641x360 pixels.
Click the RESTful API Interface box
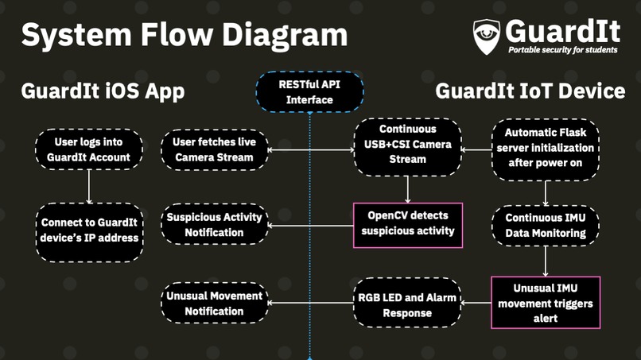click(x=309, y=92)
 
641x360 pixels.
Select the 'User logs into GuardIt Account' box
click(x=89, y=149)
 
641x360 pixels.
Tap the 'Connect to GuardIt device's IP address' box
click(x=89, y=232)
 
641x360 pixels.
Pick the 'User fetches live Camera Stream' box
click(x=214, y=149)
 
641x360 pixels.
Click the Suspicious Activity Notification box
click(x=214, y=224)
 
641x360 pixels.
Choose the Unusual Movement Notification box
click(x=214, y=303)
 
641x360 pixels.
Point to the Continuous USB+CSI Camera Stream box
click(x=407, y=147)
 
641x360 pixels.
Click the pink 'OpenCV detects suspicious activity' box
click(x=408, y=225)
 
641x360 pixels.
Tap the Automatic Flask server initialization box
click(x=546, y=149)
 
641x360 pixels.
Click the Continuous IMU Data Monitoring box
click(x=546, y=226)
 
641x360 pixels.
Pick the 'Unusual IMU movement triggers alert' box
click(x=546, y=303)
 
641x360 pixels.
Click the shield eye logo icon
click(x=487, y=37)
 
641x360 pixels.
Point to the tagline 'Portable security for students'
click(x=563, y=50)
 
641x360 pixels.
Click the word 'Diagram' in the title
click(x=285, y=35)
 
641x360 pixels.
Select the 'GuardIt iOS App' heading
click(x=103, y=91)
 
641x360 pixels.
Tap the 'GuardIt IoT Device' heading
click(x=530, y=91)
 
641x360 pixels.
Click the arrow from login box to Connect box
click(x=89, y=187)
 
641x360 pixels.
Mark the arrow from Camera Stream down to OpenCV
click(x=407, y=190)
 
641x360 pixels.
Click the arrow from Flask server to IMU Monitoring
click(x=546, y=193)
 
